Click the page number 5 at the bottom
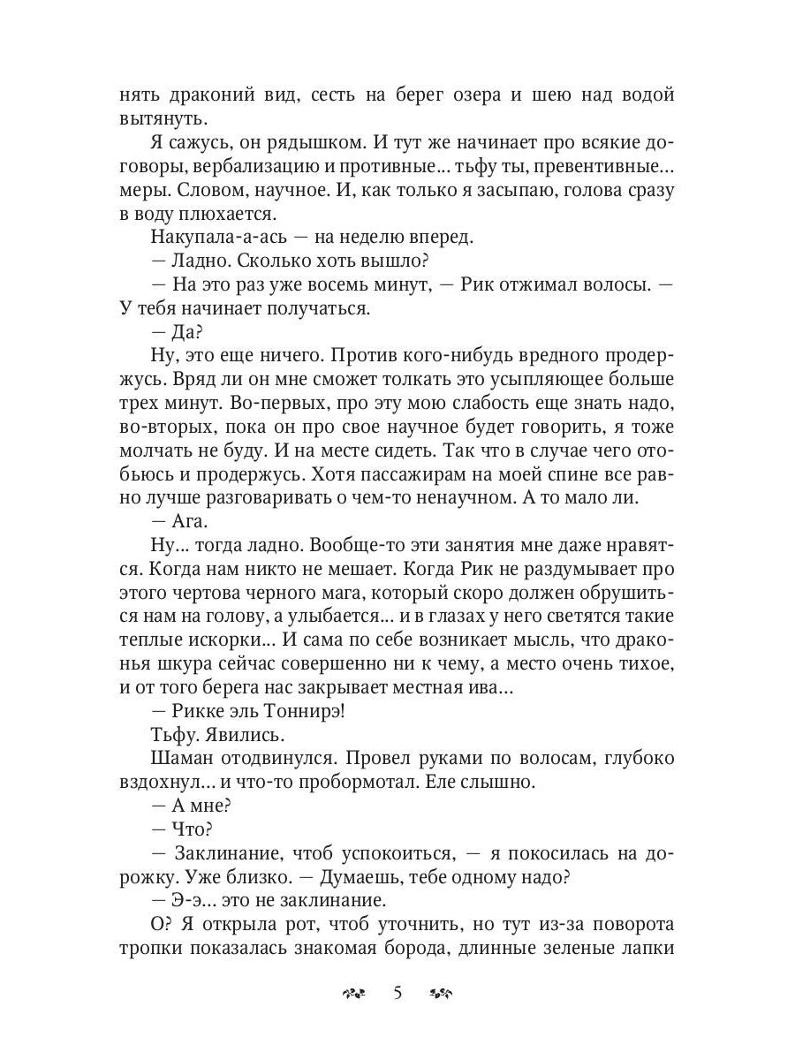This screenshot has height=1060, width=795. (x=397, y=994)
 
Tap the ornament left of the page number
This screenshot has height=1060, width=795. (x=352, y=995)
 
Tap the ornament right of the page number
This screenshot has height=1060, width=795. (x=441, y=995)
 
